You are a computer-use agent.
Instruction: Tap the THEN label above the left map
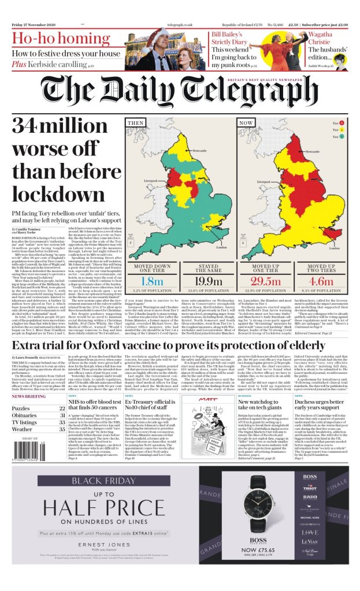[x=135, y=123]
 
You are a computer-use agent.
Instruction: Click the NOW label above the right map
[x=246, y=123]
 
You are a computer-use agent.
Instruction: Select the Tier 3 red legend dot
[x=342, y=123]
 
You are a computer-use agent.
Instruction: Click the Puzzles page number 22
[x=62, y=408]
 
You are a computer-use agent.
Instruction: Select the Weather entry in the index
[x=23, y=429]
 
